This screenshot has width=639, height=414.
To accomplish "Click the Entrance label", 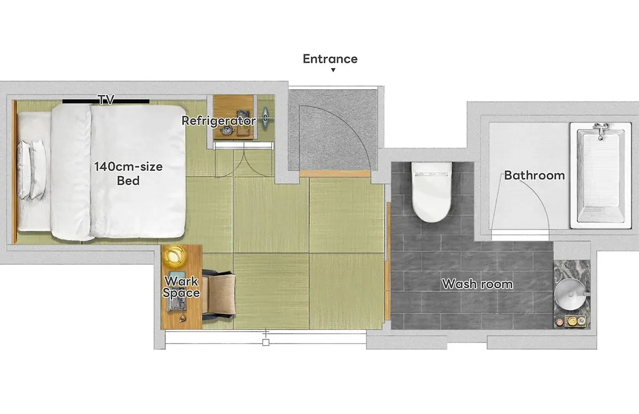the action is point(330,59).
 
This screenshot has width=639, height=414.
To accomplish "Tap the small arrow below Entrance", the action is point(333,70).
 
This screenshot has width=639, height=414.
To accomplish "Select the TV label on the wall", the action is point(106,99).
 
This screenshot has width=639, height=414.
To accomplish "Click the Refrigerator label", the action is point(219,121).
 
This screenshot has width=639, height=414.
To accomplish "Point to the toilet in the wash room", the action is point(431,191).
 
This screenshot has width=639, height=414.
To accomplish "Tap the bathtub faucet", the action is point(601,130).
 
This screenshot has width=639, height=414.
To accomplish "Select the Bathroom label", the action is point(534,175).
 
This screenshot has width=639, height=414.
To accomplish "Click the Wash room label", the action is point(477,284).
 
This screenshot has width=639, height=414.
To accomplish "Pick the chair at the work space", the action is point(218,294).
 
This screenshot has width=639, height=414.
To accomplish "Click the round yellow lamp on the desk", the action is point(175,256).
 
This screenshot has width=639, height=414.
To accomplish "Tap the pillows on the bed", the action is point(32,170).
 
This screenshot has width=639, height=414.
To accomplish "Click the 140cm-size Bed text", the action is point(128,173).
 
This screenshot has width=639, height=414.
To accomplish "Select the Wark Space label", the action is point(182,287).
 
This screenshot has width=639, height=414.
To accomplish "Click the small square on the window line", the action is point(266,342).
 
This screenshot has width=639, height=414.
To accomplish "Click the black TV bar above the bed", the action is point(105,102).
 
